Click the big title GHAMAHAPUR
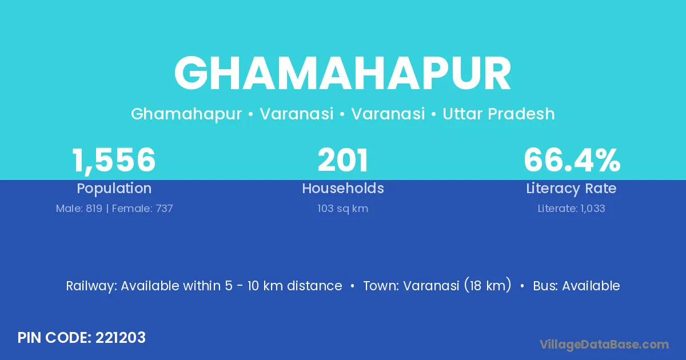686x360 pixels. tap(342, 74)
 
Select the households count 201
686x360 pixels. tap(342, 160)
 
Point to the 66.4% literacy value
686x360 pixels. tap(572, 160)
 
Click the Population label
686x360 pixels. tap(114, 189)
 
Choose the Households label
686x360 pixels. tap(343, 188)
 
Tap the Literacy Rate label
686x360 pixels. tap(571, 189)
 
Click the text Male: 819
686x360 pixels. tap(79, 209)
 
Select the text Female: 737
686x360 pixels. tap(142, 209)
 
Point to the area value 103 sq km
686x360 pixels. tap(342, 209)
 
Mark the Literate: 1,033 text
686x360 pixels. tap(572, 209)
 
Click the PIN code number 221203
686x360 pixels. tap(121, 338)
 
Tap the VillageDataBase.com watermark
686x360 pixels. tap(604, 345)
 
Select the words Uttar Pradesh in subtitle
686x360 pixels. tap(498, 114)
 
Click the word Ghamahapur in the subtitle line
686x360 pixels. tap(186, 114)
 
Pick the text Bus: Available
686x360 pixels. tap(576, 286)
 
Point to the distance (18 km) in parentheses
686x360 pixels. tap(488, 285)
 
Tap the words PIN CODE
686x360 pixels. tap(54, 338)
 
